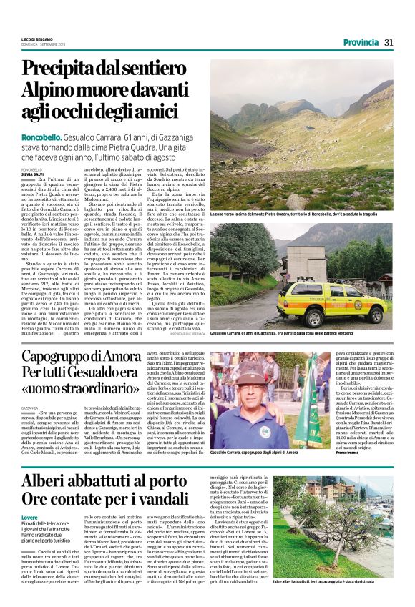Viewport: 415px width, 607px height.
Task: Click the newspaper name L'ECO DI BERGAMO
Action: tap(36, 39)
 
